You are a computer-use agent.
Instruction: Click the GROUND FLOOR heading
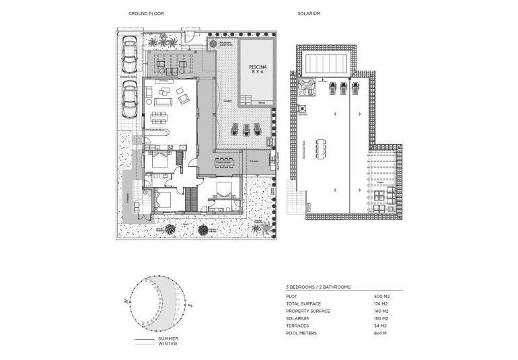click(x=146, y=13)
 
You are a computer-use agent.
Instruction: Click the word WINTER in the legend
click(x=168, y=345)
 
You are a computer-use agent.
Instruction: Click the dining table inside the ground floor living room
click(x=159, y=118)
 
